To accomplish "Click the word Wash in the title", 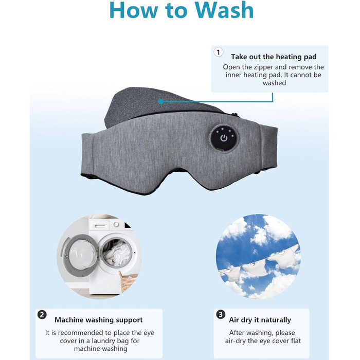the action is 224,10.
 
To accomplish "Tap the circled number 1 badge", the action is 219,52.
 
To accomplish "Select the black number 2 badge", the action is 42,315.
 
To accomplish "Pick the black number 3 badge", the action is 221,314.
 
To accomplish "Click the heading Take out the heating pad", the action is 274,57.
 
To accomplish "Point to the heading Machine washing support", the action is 99,320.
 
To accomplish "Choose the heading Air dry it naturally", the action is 260,320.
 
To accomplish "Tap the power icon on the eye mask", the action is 224,138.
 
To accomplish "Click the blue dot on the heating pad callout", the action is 161,101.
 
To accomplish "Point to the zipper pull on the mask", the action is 235,114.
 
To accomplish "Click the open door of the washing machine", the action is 79,253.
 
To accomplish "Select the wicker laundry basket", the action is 128,281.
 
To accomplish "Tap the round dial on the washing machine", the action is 116,224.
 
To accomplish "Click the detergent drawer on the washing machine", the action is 99,225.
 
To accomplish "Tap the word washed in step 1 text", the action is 274,83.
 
